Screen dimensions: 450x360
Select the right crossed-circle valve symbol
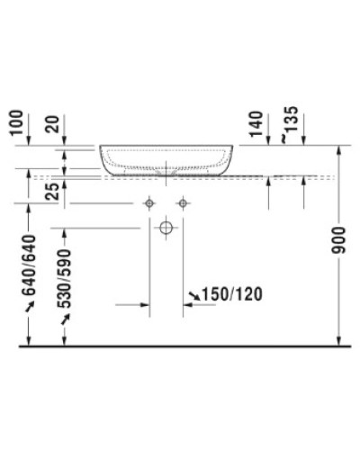point(183,204)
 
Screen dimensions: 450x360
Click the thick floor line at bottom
point(180,346)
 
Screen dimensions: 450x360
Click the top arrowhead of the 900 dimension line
point(338,149)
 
